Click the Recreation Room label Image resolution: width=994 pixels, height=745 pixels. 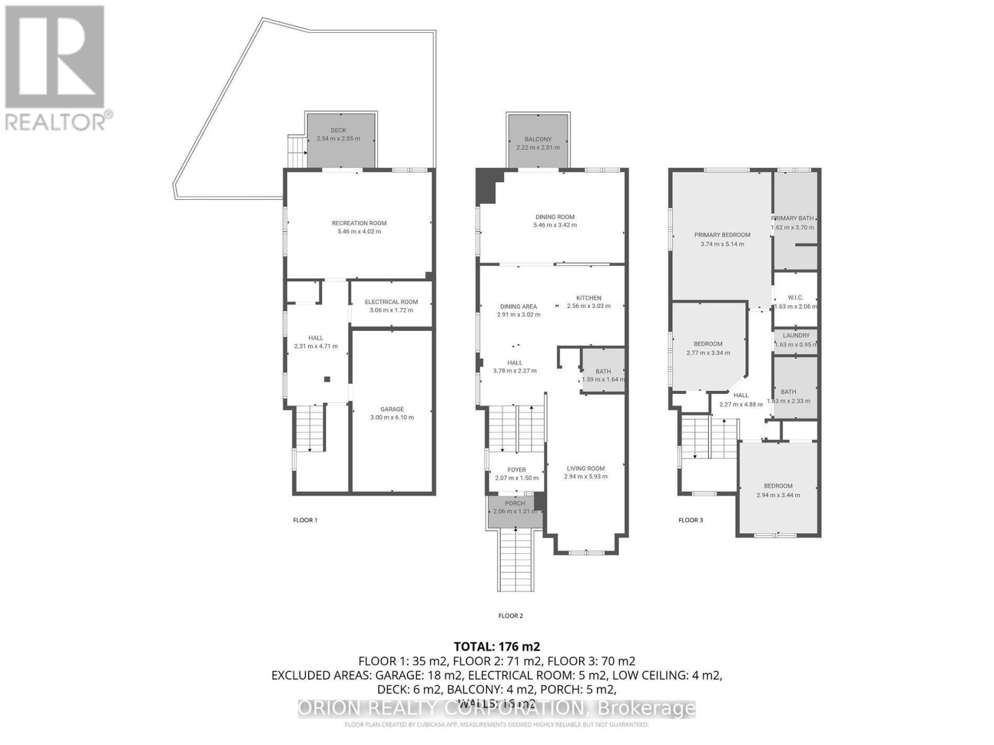coord(359,223)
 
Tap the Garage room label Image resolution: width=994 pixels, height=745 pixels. coord(392,409)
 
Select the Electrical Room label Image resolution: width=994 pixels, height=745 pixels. coord(391,302)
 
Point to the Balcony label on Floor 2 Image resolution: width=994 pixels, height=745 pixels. coord(537,140)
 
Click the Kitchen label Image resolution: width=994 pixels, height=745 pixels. coord(588,298)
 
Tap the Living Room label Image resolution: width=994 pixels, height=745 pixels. coord(585,469)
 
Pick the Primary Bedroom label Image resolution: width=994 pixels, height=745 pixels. coord(722,235)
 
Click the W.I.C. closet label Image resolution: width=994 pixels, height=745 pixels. coord(795,298)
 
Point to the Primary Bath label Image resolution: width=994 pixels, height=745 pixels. coord(793,219)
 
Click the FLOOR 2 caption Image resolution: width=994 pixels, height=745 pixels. coord(511,616)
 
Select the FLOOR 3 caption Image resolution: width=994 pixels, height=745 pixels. coord(690,520)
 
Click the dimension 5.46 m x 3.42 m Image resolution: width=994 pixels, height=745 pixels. coord(555,225)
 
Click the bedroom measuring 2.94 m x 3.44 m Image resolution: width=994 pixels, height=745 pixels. coord(778,490)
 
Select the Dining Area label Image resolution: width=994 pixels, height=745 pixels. coord(519,307)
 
